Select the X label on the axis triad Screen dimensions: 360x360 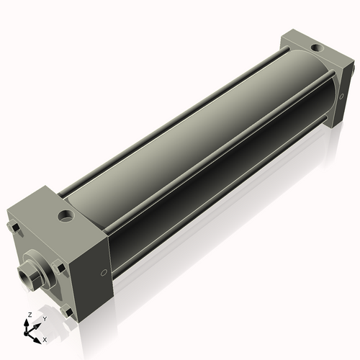click(45, 338)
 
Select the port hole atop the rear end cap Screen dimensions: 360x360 click(314, 48)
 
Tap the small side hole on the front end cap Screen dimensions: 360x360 click(104, 271)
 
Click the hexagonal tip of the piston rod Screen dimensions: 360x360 click(27, 274)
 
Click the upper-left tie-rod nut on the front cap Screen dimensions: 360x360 click(14, 230)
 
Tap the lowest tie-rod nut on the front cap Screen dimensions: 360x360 click(67, 311)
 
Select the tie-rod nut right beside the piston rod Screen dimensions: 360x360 click(61, 269)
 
